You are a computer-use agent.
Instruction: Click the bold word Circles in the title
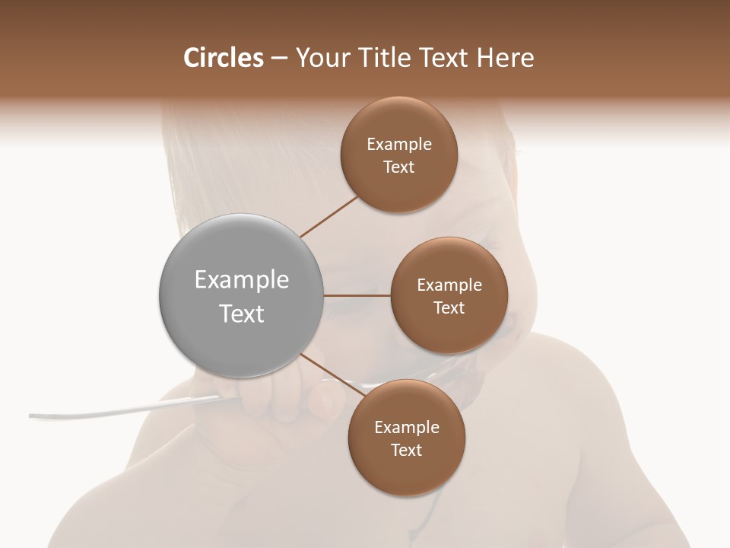(223, 58)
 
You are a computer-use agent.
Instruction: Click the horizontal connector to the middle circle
(357, 295)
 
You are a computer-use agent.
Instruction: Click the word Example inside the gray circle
(241, 280)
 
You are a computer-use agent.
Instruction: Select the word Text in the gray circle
(241, 314)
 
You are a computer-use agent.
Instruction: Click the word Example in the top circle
(398, 144)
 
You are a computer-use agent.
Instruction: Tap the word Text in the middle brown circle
(449, 307)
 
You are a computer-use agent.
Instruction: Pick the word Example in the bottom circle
(406, 427)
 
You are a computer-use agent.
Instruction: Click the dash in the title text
(278, 59)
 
